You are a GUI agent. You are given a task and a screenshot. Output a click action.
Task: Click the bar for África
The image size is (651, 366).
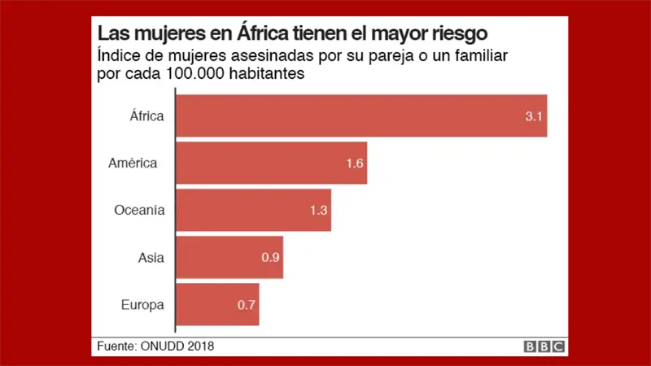[360, 115]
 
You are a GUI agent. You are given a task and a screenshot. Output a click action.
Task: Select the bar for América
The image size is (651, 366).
[271, 163]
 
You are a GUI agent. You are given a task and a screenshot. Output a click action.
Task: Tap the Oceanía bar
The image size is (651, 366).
[253, 210]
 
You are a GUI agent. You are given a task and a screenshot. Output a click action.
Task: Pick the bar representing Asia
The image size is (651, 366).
[229, 257]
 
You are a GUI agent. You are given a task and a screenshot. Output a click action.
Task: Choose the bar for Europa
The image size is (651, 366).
[217, 304]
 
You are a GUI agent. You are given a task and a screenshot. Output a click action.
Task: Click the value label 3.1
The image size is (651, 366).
[534, 116]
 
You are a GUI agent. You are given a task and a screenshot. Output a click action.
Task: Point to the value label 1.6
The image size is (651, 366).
[354, 163]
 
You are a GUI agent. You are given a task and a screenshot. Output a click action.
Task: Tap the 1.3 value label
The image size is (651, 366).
[318, 211]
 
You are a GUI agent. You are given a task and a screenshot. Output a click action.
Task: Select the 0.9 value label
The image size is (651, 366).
[270, 258]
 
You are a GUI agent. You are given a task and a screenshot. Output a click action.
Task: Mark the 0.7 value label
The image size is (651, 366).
[247, 305]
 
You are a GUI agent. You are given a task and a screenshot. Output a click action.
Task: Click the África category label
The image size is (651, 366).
[147, 115]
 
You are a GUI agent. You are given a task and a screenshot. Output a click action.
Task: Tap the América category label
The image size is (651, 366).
[133, 163]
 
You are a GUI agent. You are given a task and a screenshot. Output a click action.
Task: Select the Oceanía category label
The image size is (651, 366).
[139, 210]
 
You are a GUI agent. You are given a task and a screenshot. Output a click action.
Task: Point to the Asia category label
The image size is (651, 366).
[151, 257]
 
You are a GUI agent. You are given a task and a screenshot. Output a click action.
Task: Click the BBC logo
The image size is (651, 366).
[544, 346]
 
